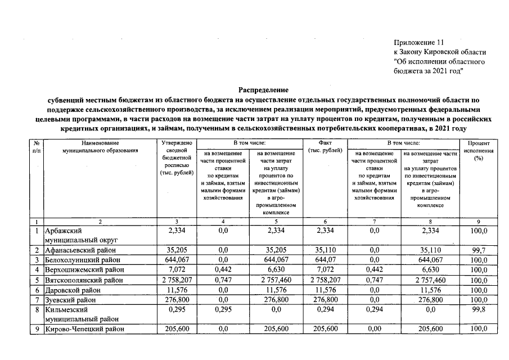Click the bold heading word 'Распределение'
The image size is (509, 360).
coord(263,90)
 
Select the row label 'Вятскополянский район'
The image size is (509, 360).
coord(83,280)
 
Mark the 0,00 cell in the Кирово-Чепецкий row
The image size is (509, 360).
coord(374,329)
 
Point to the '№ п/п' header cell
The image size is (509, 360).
coord(36,147)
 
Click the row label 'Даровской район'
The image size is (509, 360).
coord(72,290)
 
